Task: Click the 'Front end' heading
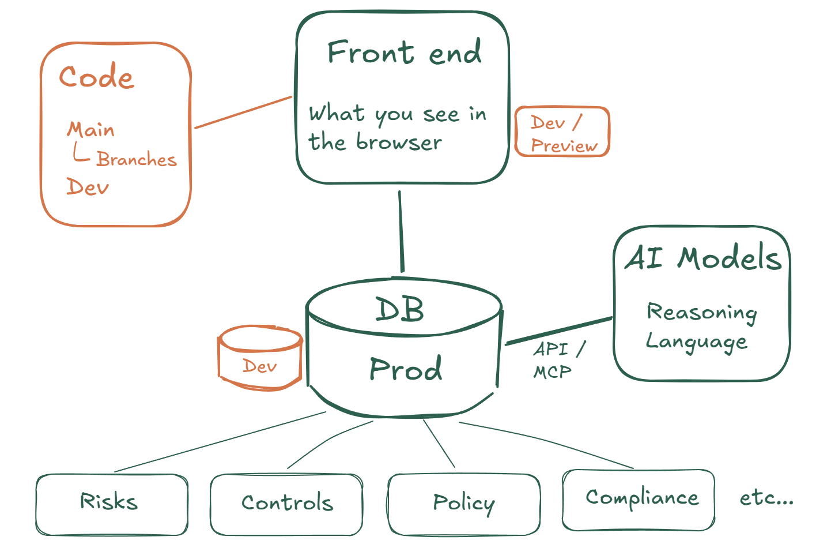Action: pyautogui.click(x=404, y=52)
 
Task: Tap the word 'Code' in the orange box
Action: pyautogui.click(x=96, y=77)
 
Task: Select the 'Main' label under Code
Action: pyautogui.click(x=90, y=129)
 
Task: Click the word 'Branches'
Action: pyautogui.click(x=136, y=159)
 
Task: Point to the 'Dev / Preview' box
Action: pyautogui.click(x=562, y=132)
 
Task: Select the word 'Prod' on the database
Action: pyautogui.click(x=406, y=369)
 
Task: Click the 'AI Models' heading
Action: pyautogui.click(x=703, y=258)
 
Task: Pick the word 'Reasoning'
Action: pyautogui.click(x=701, y=312)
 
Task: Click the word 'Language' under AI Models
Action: pyautogui.click(x=696, y=342)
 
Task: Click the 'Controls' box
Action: pyautogui.click(x=286, y=504)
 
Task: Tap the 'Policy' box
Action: pyautogui.click(x=464, y=504)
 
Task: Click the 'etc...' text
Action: pyautogui.click(x=766, y=497)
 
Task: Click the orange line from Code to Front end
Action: pyautogui.click(x=243, y=112)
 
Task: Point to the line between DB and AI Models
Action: pyautogui.click(x=558, y=331)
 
